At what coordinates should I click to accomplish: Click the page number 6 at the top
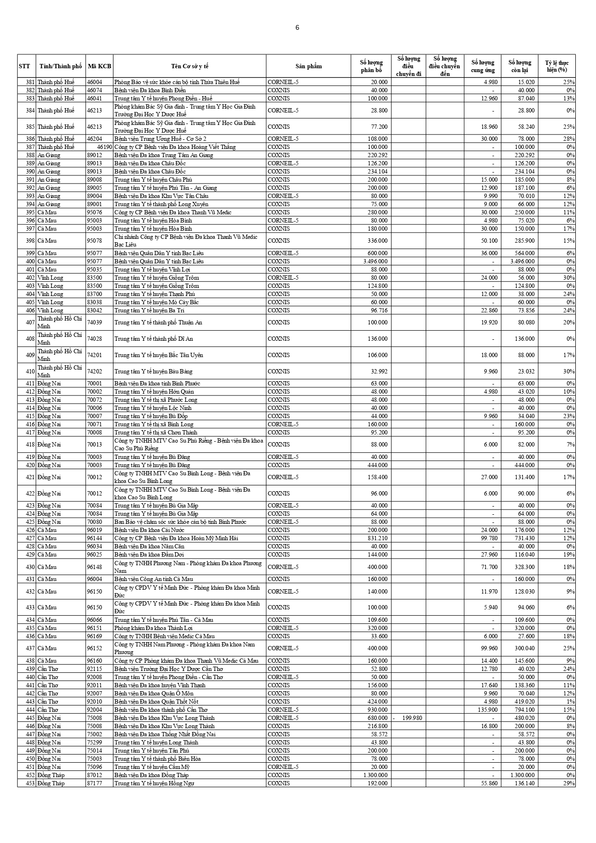297,27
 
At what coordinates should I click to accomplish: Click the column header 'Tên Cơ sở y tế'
189,66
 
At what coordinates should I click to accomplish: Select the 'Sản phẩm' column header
309,66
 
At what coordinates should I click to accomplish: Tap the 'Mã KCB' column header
99,66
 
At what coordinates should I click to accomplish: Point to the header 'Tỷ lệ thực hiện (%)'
557,66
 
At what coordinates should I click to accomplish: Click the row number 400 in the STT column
30,261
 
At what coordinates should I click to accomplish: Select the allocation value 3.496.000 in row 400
375,261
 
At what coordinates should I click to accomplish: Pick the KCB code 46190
104,147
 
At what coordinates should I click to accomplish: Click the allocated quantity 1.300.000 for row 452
375,775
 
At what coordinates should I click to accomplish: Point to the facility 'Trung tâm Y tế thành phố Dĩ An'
153,339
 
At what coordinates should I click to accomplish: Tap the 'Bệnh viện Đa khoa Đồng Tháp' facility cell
151,775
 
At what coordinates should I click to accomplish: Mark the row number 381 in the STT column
30,82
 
